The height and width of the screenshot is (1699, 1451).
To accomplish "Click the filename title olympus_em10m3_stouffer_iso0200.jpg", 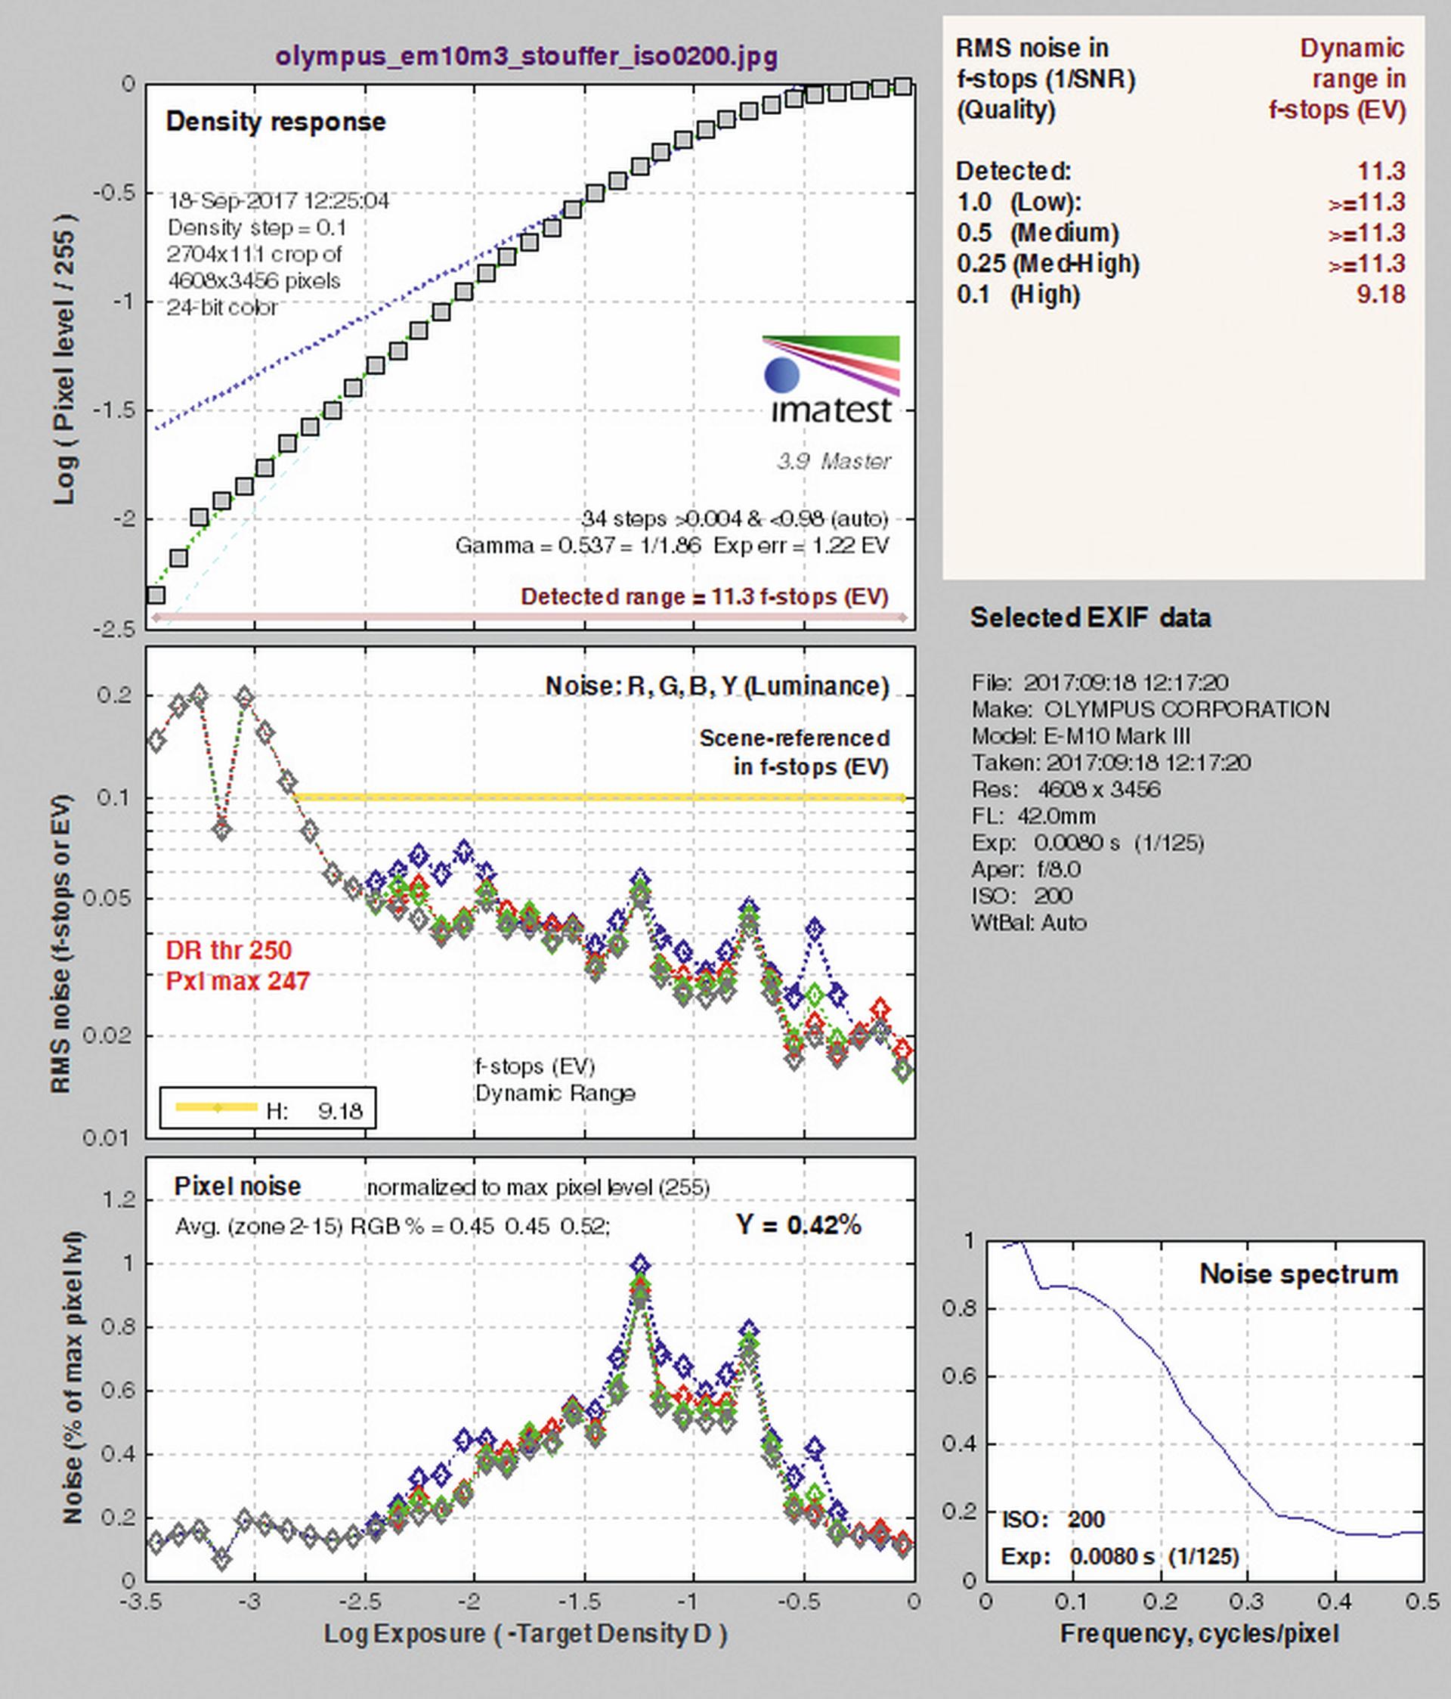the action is click(x=526, y=57).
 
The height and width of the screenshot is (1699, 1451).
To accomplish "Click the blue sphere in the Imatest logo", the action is click(x=782, y=375).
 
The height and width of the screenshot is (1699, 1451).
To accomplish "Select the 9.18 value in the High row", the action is click(x=1381, y=294).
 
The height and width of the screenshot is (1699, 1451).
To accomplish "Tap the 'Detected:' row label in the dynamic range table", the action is click(x=1013, y=172).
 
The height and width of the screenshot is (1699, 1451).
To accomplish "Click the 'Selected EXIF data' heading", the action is click(x=1091, y=617).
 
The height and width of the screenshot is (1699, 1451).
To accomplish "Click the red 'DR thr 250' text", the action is click(x=229, y=949).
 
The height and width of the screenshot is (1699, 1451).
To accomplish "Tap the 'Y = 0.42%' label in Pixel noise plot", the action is click(x=799, y=1224).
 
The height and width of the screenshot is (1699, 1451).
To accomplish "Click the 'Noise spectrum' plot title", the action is click(x=1298, y=1273).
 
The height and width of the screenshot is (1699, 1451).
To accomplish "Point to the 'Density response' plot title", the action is click(x=275, y=122).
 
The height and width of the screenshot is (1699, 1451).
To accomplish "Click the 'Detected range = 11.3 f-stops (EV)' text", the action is click(x=705, y=596).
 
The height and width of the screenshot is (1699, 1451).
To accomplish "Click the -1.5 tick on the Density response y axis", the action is click(x=115, y=410).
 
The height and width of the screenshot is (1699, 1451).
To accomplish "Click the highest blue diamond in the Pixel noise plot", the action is click(x=640, y=1264).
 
